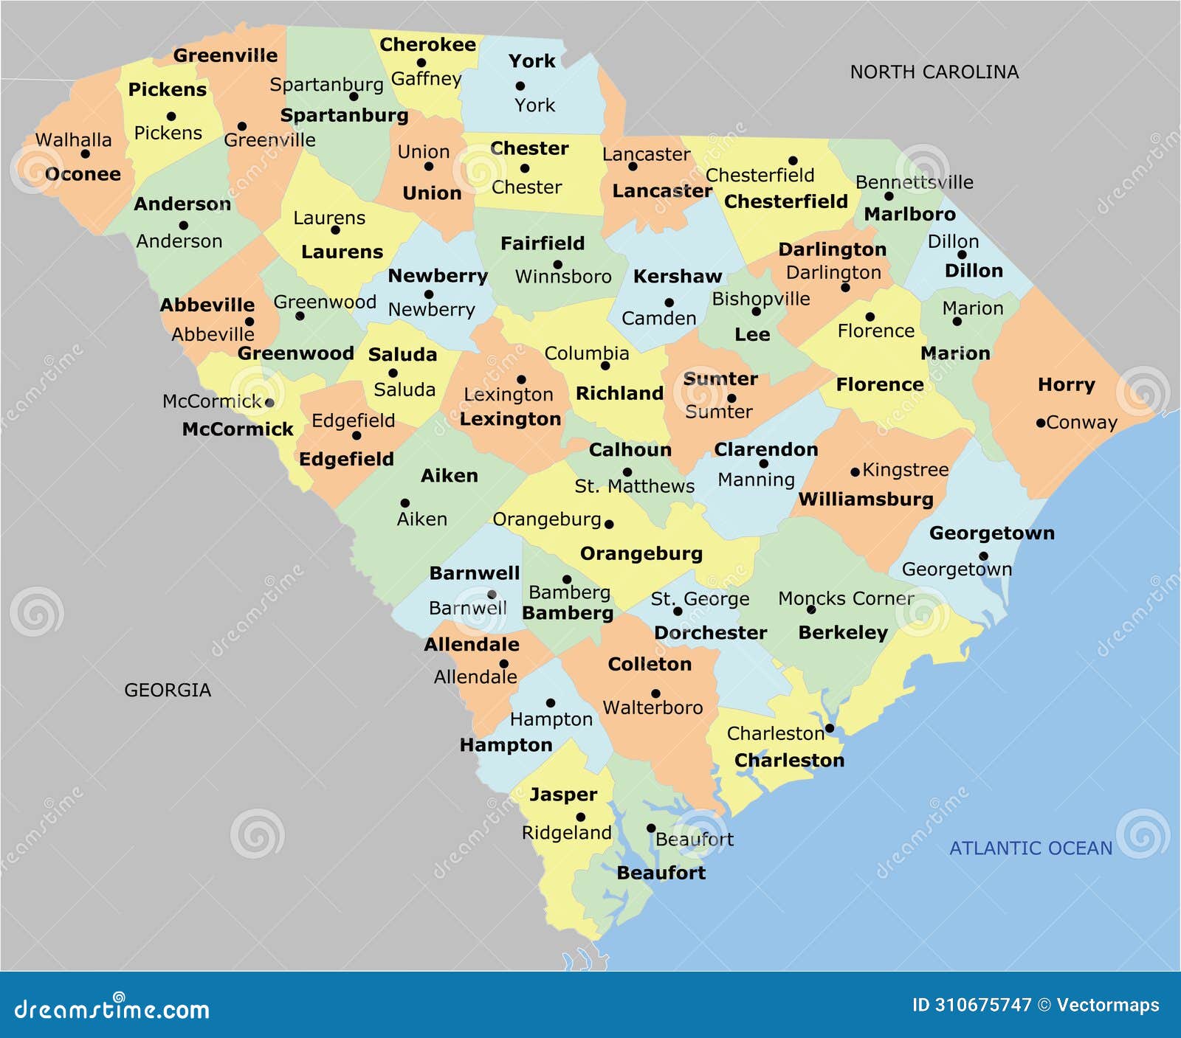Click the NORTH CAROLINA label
click(x=934, y=72)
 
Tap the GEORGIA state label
click(x=168, y=690)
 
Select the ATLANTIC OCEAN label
click(x=1030, y=848)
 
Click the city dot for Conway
click(x=1041, y=423)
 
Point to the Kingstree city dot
click(x=855, y=472)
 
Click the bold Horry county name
click(x=1066, y=384)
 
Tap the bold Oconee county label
click(x=83, y=174)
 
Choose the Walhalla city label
click(x=73, y=139)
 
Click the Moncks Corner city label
click(x=846, y=598)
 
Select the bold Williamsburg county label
click(x=866, y=499)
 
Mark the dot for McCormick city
click(x=269, y=403)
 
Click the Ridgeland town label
click(x=566, y=833)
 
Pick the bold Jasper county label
click(x=563, y=795)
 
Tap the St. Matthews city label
click(x=634, y=486)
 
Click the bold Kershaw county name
click(x=677, y=277)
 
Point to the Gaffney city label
click(x=426, y=78)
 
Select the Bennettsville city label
click(x=914, y=182)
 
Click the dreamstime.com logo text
click(x=111, y=1008)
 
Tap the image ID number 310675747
click(x=982, y=1005)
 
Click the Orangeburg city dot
click(x=609, y=525)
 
